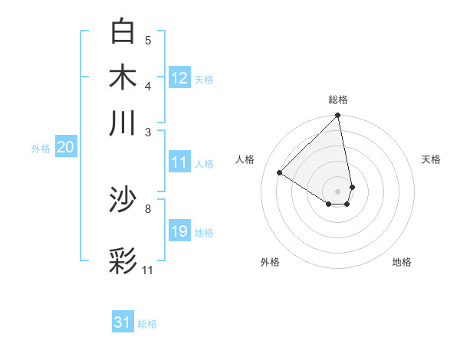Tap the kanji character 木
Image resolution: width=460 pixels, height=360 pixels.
click(123, 77)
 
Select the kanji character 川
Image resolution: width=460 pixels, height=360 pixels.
click(123, 123)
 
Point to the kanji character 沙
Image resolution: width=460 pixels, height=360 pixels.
click(123, 201)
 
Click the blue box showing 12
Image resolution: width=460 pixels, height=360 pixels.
click(179, 77)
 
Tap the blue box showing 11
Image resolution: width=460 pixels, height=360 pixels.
click(179, 162)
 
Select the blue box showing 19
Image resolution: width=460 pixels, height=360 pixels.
click(179, 231)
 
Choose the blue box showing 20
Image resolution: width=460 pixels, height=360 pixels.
click(65, 148)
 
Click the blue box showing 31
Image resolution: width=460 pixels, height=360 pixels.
click(123, 322)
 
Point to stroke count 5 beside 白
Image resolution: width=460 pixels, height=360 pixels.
click(148, 41)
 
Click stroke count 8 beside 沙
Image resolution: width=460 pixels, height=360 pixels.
click(148, 208)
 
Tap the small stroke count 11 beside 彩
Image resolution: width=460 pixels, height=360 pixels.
click(147, 270)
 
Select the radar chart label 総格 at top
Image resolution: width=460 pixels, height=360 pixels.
click(338, 100)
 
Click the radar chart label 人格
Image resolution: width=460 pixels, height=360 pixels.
click(245, 159)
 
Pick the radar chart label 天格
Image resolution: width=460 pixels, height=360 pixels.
click(431, 159)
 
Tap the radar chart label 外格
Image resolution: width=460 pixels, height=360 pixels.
click(270, 262)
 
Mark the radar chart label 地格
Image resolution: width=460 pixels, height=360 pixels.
click(402, 262)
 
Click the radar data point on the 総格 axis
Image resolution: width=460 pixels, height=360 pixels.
click(338, 116)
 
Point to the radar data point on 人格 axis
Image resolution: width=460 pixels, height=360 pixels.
click(280, 173)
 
